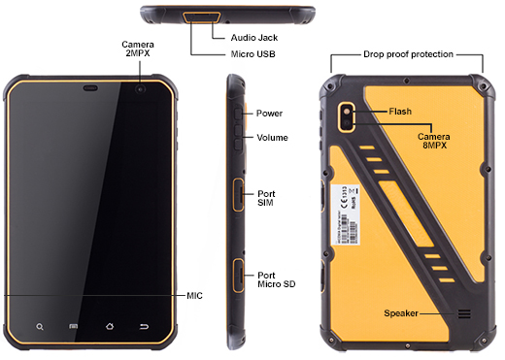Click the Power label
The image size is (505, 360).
(x=270, y=114)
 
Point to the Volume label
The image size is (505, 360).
(x=272, y=138)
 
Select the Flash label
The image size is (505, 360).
(x=399, y=112)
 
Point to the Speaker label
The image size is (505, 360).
(x=401, y=313)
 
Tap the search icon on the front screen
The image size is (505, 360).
(x=40, y=326)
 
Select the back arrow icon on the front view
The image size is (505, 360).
(x=145, y=326)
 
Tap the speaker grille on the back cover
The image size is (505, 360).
(x=464, y=313)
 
